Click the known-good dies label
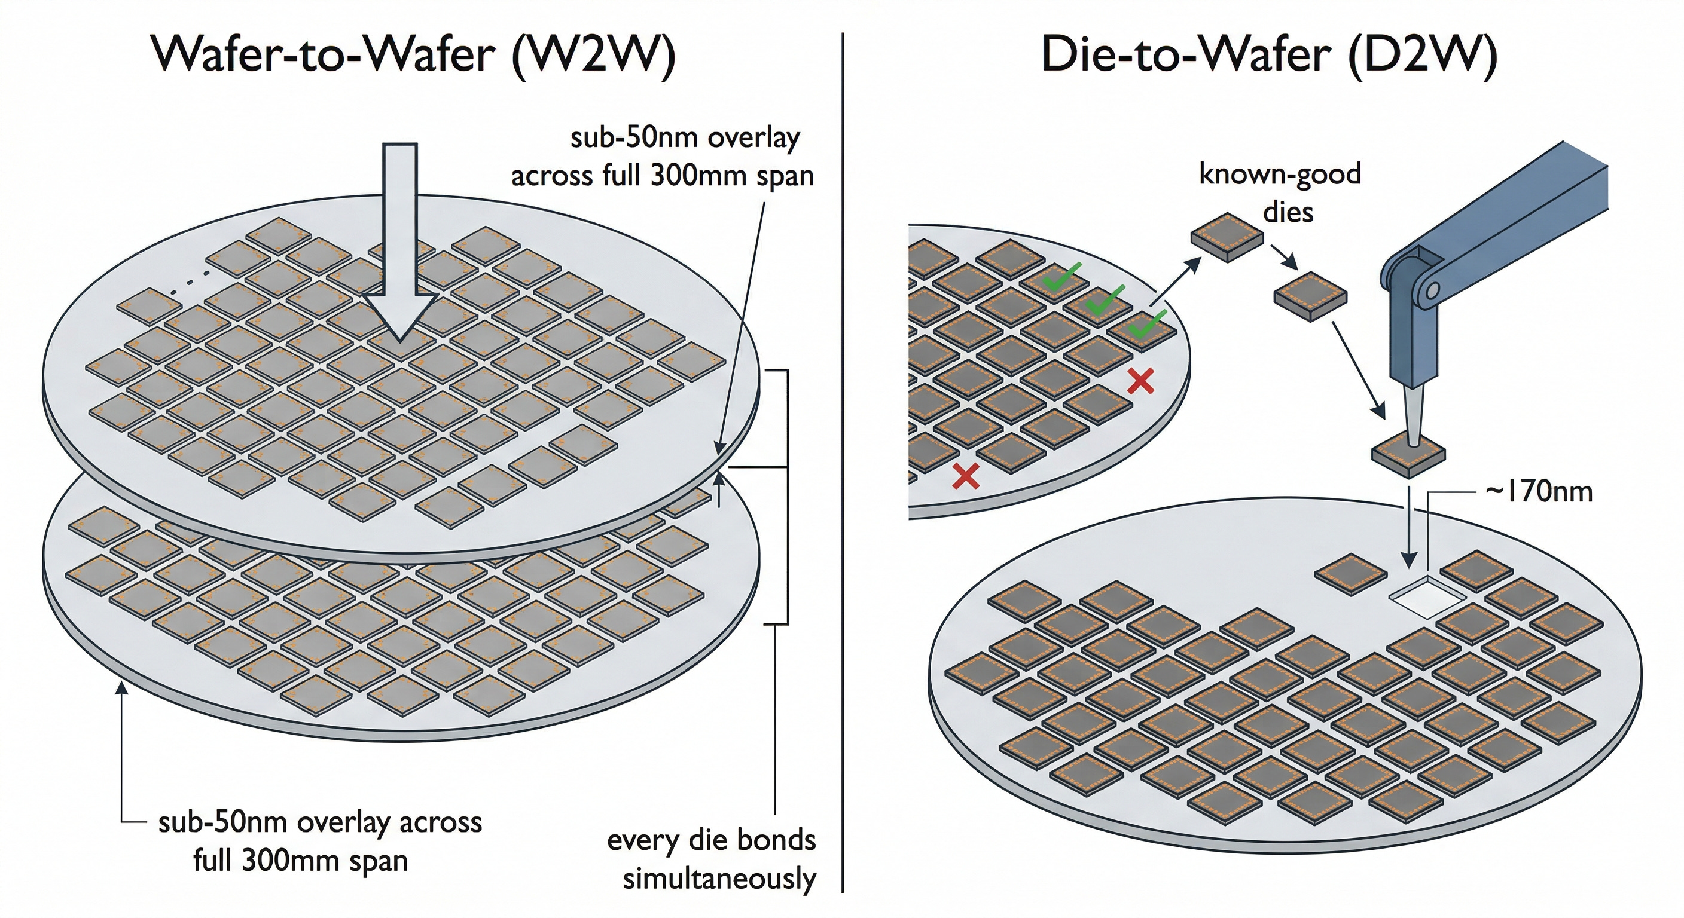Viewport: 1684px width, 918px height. (x=1279, y=193)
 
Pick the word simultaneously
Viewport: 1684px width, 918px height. (x=719, y=879)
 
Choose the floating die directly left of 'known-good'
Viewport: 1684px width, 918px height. (x=1226, y=237)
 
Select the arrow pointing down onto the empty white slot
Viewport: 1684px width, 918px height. (x=1409, y=535)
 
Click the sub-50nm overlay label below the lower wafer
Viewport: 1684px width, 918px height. (x=320, y=841)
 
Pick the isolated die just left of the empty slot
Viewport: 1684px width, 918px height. (x=1350, y=574)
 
